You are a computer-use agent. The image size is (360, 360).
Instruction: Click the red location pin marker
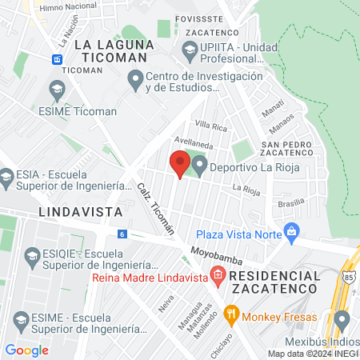click(179, 165)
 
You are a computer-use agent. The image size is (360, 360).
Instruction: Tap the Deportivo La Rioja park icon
click(199, 165)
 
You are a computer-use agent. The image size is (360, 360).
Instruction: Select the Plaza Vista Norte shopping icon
click(292, 233)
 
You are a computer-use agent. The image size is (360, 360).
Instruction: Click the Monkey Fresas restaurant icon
click(233, 314)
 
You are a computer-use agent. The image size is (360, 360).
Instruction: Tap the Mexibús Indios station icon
click(342, 321)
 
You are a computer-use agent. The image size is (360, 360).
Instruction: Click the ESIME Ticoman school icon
click(57, 90)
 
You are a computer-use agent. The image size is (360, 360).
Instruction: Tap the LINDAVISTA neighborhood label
click(80, 212)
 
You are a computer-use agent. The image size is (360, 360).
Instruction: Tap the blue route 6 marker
click(122, 234)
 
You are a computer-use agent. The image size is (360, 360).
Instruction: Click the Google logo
click(27, 350)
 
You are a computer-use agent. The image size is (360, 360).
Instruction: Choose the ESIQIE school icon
click(33, 256)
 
